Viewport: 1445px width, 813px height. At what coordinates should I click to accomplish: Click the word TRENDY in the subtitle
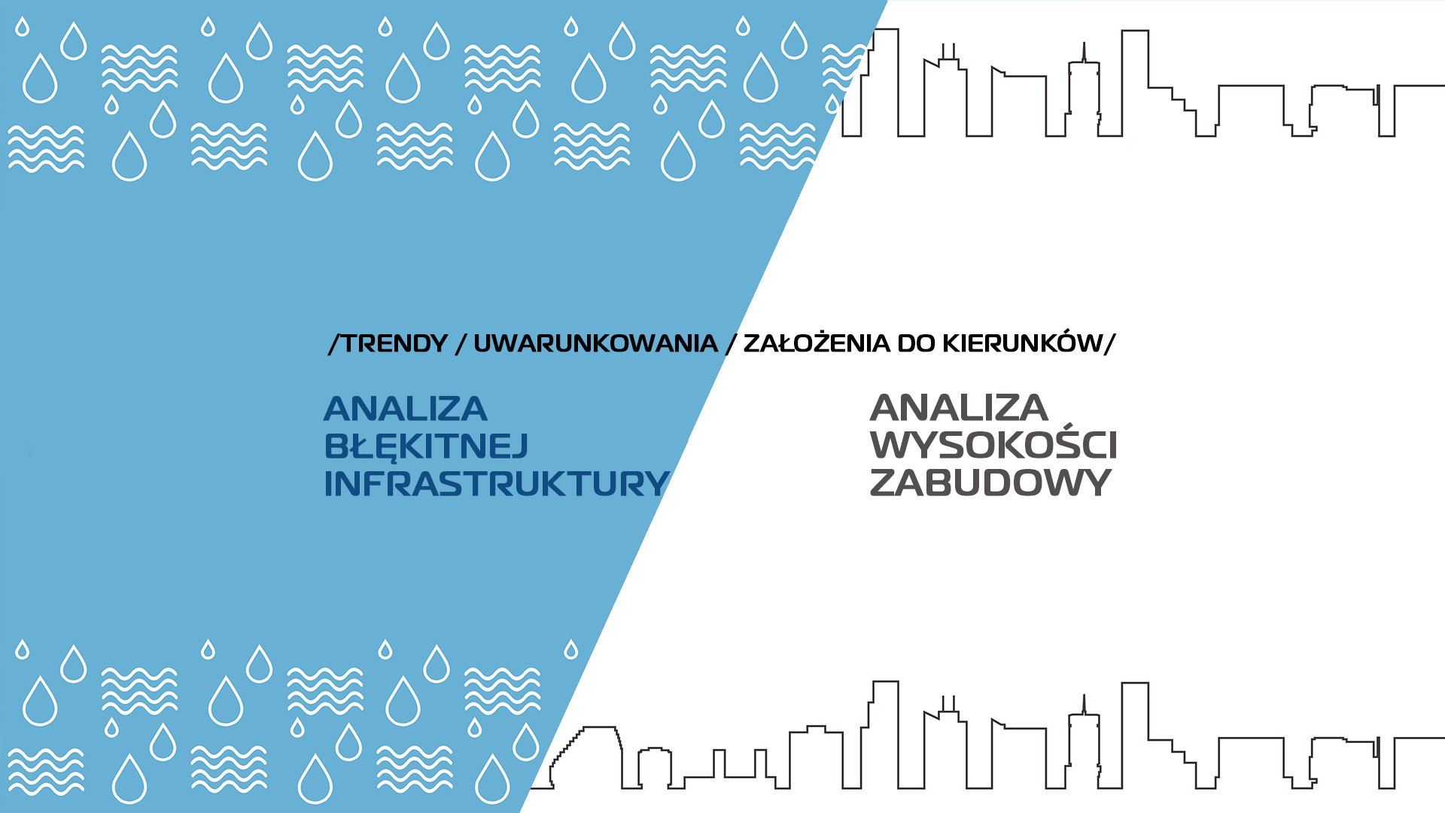pos(394,344)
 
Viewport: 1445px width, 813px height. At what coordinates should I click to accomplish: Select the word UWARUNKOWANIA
pos(595,344)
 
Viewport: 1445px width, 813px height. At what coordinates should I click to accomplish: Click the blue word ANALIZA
pos(406,410)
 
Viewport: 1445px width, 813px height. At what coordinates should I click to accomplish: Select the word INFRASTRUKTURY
pos(497,483)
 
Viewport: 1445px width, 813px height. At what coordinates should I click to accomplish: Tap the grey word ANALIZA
pos(959,408)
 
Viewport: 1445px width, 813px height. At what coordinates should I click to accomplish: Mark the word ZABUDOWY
pos(990,483)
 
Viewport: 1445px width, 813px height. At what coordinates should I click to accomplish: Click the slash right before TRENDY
pos(335,344)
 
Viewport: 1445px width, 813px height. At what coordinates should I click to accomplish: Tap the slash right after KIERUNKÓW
pos(1109,344)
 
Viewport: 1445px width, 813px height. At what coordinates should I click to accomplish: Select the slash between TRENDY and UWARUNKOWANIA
pos(461,344)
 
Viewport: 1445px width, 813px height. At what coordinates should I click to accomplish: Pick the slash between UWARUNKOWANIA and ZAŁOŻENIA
pos(731,344)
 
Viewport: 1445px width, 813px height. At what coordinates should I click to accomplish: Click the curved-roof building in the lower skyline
pos(586,757)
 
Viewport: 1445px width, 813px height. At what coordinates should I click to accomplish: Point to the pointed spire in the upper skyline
pos(1084,53)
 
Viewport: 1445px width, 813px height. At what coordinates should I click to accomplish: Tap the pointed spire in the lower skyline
pos(1084,705)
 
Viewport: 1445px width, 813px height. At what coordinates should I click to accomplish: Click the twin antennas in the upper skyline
pos(948,51)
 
